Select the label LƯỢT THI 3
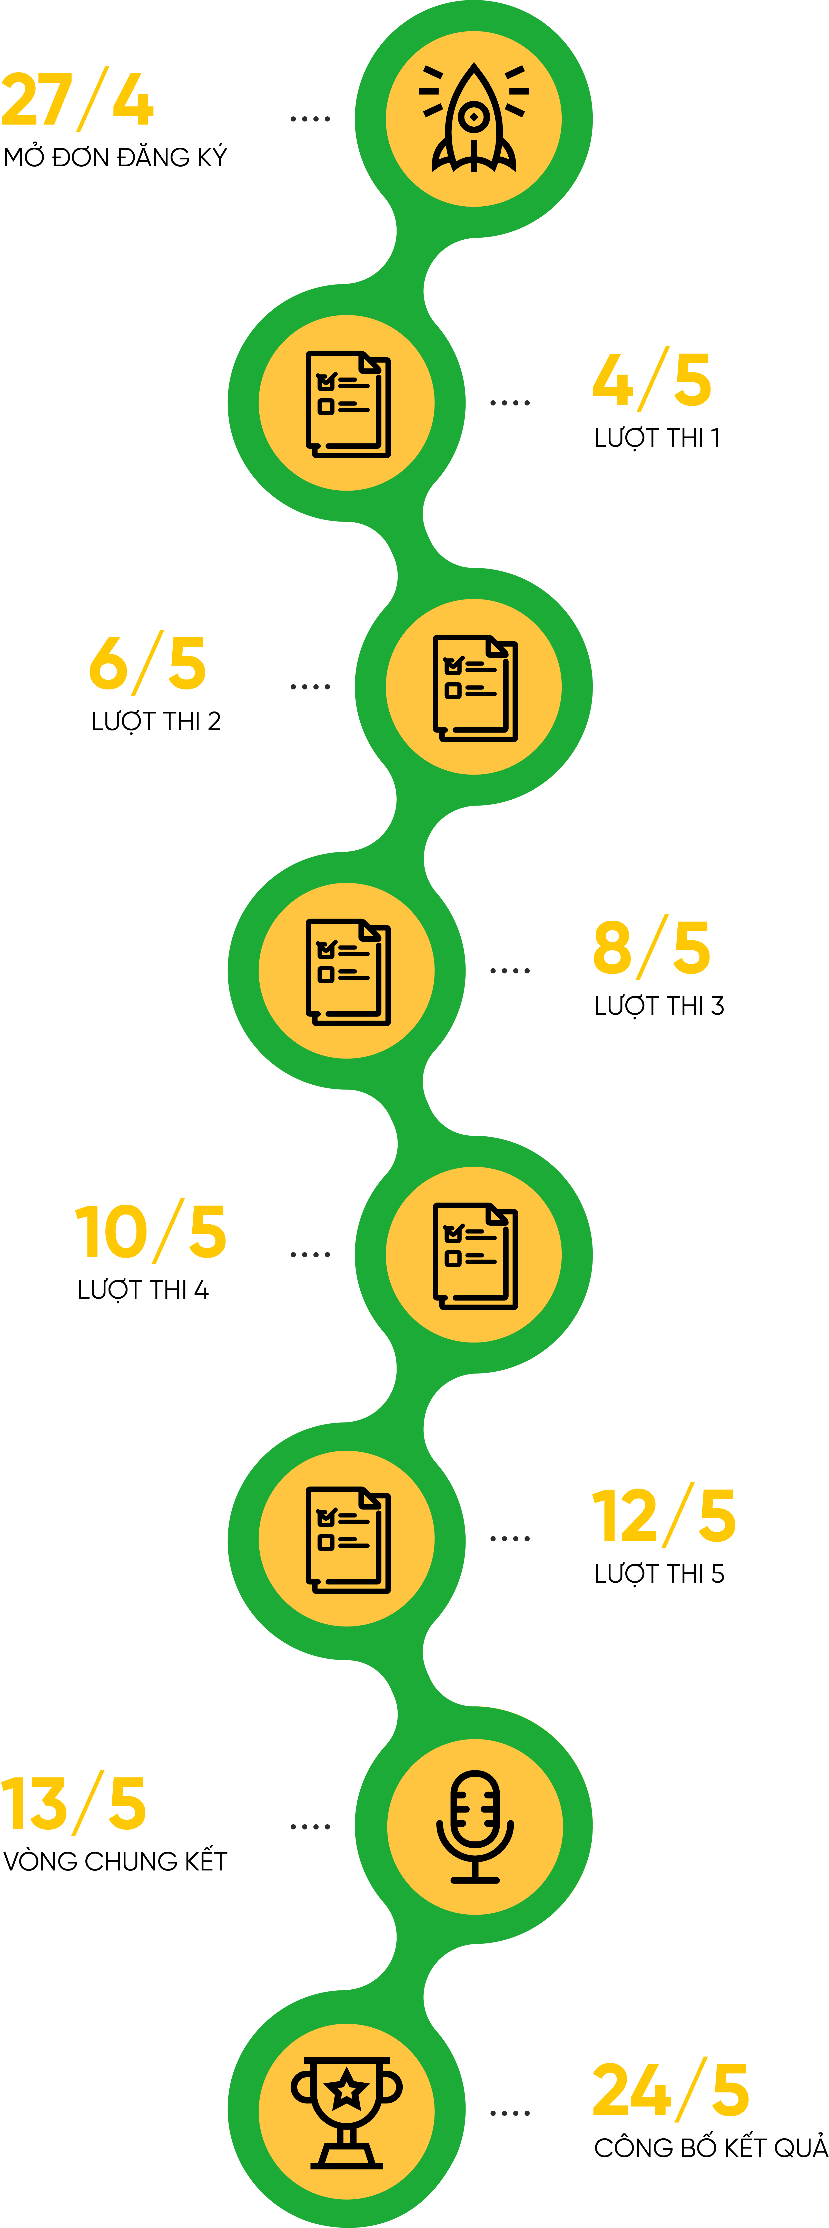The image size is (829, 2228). pos(658,1006)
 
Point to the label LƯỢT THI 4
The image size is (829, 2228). pos(143,1290)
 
